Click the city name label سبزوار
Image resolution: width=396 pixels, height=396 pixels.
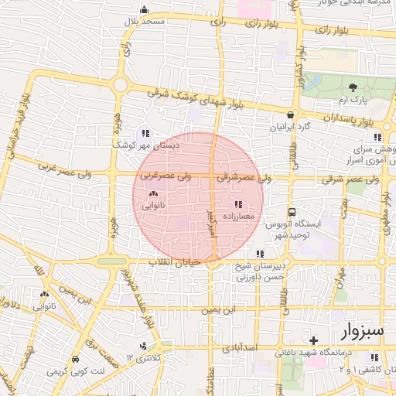[360, 331]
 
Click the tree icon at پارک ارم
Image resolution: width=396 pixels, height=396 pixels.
[353, 87]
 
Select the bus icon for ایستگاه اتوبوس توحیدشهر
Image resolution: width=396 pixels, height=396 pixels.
[292, 211]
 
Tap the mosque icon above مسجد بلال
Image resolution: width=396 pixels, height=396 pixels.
[143, 10]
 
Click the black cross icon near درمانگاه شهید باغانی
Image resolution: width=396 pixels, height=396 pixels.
[312, 340]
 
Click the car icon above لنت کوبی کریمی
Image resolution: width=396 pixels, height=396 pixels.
[74, 360]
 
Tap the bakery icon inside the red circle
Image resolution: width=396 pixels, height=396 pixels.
[152, 194]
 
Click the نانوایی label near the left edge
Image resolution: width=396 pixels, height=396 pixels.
[43, 307]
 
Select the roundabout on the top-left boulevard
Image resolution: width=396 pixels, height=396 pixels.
[120, 84]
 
